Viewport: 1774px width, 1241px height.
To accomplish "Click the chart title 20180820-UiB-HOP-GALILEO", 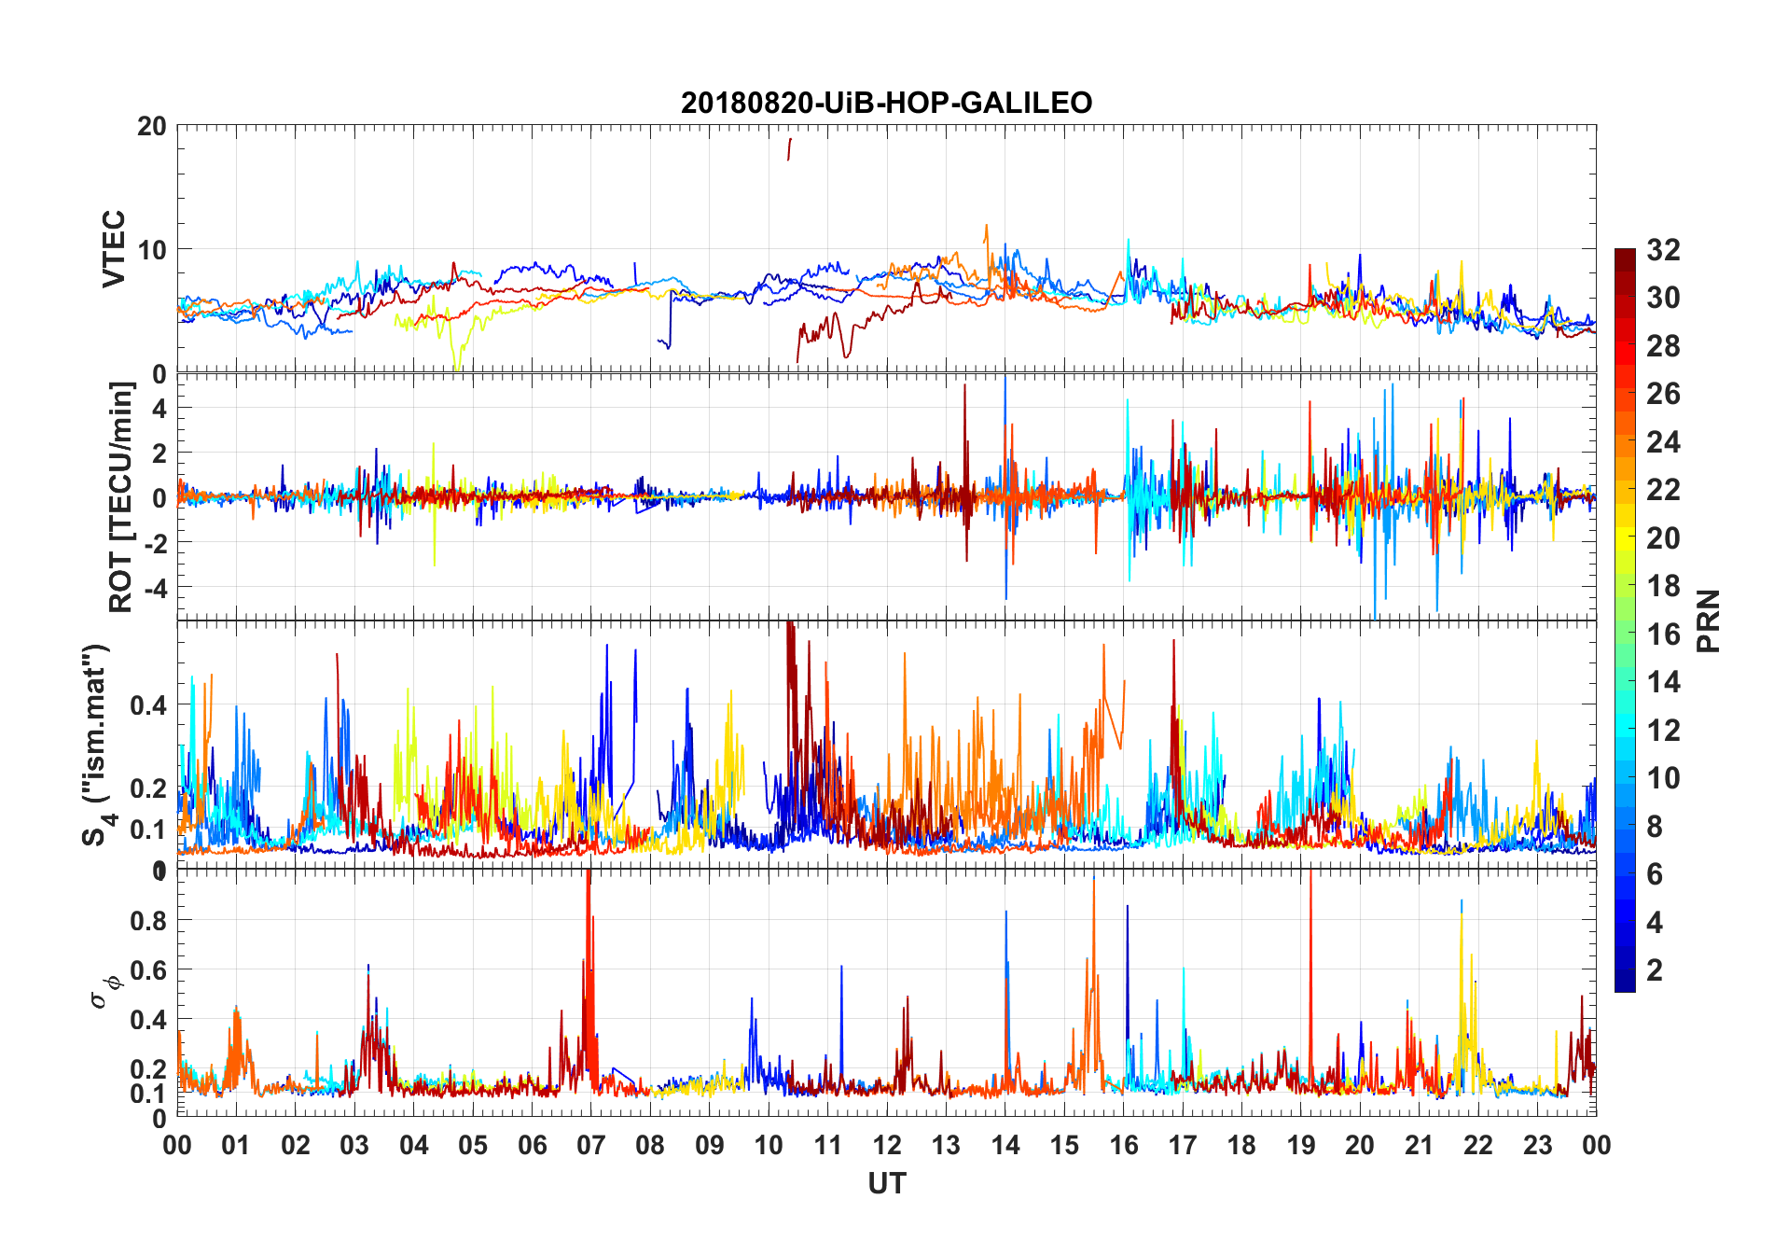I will tap(886, 103).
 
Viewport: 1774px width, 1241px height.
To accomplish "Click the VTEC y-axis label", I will tap(114, 248).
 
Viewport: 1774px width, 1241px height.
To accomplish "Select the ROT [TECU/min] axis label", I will tap(121, 496).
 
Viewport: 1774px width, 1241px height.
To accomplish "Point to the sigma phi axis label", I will tap(104, 991).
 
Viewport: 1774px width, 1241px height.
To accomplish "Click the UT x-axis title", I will tap(886, 1184).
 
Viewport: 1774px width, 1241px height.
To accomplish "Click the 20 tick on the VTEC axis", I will tap(152, 127).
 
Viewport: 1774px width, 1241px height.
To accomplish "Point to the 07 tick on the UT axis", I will tap(590, 1146).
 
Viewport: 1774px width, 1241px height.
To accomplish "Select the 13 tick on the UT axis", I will tap(946, 1146).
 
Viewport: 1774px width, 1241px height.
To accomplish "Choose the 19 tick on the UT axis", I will tap(1300, 1146).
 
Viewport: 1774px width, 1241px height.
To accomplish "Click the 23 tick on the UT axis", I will tap(1537, 1146).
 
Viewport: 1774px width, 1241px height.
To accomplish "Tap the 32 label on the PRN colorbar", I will tap(1663, 250).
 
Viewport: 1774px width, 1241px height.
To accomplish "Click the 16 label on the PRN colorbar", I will tap(1663, 634).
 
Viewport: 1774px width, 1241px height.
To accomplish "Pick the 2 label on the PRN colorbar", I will tap(1655, 970).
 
